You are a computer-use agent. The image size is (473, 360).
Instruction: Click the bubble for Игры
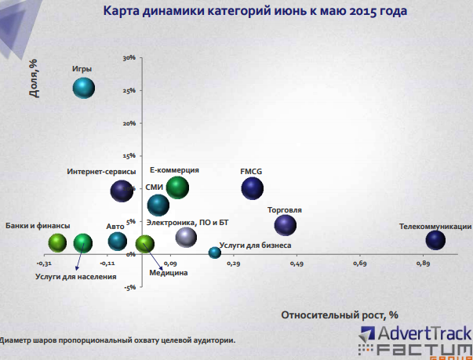[x=84, y=88]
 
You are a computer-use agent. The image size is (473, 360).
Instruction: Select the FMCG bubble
[x=252, y=188]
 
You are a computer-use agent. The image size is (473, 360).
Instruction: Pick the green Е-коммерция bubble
[x=177, y=187]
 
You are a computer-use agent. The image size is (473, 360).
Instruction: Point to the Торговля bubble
[x=285, y=224]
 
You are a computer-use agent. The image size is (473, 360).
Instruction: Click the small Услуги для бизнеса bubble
[x=215, y=253]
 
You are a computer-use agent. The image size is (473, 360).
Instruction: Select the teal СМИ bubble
[x=158, y=205]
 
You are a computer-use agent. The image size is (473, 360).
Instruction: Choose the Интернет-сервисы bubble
[x=122, y=191]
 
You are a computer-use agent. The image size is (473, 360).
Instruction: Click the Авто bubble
[x=117, y=241]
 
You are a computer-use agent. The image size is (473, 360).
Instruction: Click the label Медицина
[x=169, y=273]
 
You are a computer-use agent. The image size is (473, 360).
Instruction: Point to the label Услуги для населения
[x=76, y=276]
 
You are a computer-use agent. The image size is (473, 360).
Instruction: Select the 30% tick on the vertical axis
[x=129, y=58]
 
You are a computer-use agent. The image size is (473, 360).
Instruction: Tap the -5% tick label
[x=130, y=287]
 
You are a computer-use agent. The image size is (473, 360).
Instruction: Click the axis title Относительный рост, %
[x=340, y=315]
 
